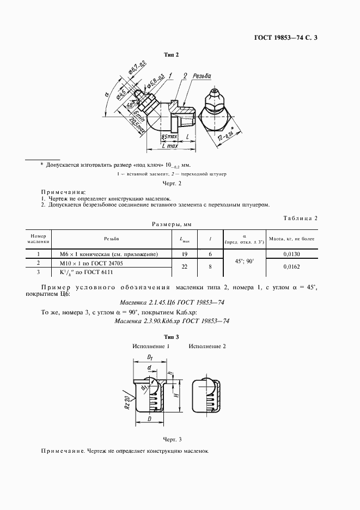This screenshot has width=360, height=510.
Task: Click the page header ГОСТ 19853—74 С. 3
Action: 289,38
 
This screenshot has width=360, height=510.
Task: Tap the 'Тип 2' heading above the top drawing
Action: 172,54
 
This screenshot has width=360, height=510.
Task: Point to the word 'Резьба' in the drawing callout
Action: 202,76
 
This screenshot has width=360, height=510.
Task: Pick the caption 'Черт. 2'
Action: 172,184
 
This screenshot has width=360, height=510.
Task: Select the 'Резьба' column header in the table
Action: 111,239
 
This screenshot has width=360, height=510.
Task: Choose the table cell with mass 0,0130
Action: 293,254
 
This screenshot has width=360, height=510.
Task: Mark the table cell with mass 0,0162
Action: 293,267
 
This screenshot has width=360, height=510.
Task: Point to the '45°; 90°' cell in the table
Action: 244,260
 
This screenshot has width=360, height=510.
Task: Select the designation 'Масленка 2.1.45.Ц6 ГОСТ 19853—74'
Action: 172,303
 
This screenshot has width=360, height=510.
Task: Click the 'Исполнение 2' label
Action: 207,346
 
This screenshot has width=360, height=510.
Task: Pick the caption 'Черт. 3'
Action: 172,439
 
